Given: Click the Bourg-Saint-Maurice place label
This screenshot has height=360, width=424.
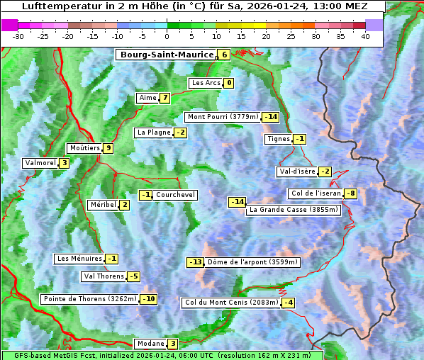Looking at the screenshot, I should click(x=167, y=55).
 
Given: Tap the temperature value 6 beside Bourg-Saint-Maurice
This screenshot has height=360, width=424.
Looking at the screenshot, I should click(x=224, y=55).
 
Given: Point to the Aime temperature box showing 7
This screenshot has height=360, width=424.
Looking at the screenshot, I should click(x=164, y=98).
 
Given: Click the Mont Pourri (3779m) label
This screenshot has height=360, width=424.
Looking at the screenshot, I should click(x=223, y=117).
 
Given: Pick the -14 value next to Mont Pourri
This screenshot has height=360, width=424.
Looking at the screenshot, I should click(x=270, y=117).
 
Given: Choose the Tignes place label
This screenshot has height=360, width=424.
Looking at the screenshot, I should click(x=278, y=139).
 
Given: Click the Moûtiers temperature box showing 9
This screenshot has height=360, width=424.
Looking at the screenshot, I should click(x=108, y=148).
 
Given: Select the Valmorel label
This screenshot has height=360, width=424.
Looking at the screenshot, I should click(x=40, y=163).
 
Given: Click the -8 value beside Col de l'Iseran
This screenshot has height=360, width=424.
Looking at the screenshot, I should click(x=350, y=194).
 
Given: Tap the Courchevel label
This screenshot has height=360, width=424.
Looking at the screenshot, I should click(x=175, y=195).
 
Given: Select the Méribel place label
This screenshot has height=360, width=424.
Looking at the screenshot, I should click(x=103, y=205).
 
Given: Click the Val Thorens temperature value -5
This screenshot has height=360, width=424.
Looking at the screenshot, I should click(x=134, y=276).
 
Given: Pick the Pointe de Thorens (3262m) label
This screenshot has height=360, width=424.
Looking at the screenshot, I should click(x=90, y=299).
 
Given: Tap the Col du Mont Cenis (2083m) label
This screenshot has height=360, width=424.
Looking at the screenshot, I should click(x=230, y=303).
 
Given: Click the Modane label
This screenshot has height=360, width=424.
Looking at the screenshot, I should click(x=150, y=344).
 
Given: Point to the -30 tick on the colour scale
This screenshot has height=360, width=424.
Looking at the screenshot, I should click(x=19, y=36).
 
